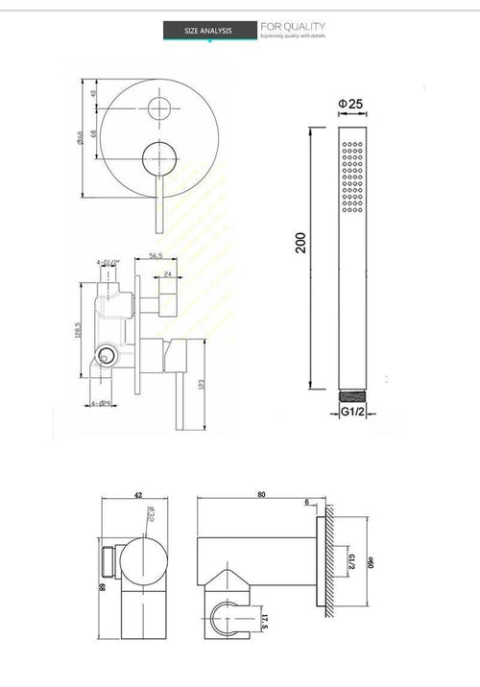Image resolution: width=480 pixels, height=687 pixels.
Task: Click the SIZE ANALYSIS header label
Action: [208, 32]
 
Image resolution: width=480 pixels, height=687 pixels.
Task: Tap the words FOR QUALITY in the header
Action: [293, 26]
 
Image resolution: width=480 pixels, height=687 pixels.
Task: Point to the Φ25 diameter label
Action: [348, 103]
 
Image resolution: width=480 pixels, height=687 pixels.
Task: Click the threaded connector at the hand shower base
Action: [352, 393]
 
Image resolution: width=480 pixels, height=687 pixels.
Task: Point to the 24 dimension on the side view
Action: [168, 273]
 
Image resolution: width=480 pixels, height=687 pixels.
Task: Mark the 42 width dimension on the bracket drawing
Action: [138, 496]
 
